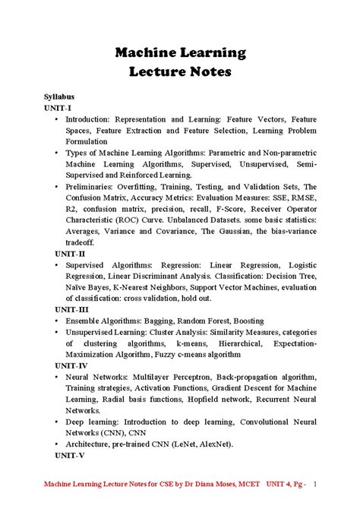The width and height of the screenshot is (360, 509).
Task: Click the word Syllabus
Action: [x=61, y=97]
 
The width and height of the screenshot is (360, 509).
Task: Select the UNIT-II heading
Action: [x=70, y=253]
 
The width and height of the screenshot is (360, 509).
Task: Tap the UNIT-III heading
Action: [x=71, y=309]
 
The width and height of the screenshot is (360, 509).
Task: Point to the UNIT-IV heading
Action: [x=71, y=365]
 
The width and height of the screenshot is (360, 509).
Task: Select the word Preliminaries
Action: [x=93, y=186]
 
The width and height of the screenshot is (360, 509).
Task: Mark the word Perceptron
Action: [x=193, y=377]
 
